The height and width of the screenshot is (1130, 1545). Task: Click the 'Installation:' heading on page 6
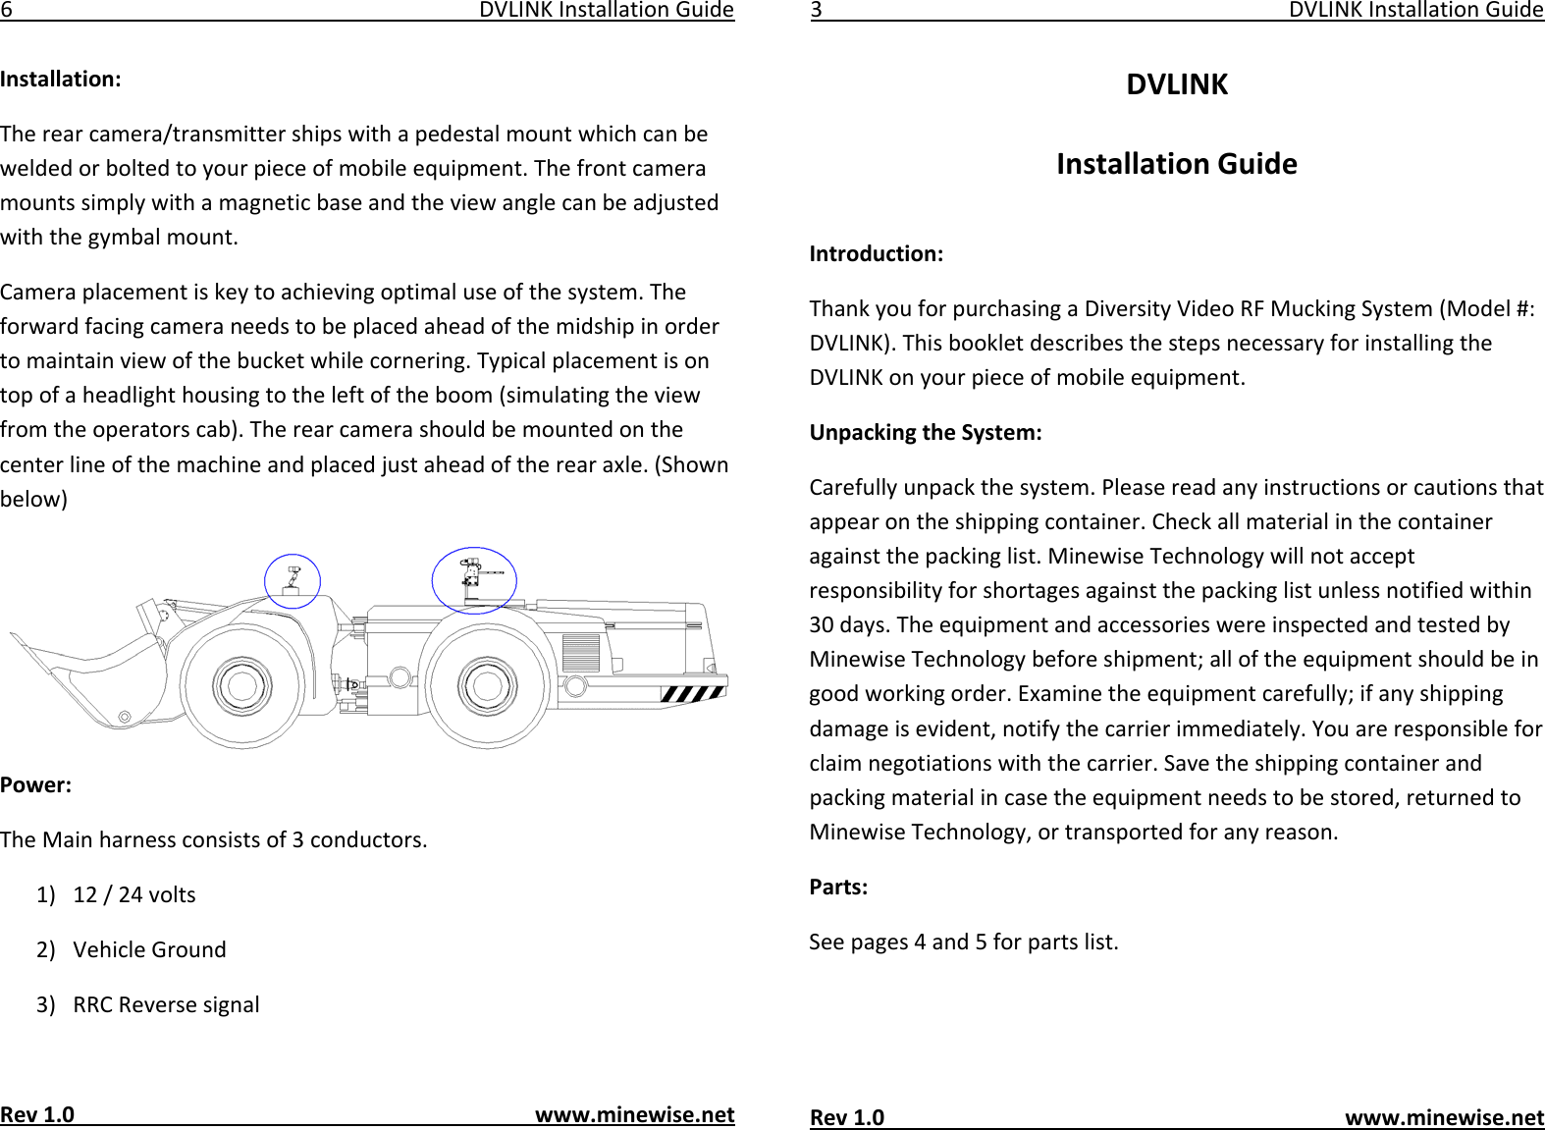61,80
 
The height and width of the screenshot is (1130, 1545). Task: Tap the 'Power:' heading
36,785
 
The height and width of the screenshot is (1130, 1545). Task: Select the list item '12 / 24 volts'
134,894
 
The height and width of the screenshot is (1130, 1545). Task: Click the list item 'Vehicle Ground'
149,949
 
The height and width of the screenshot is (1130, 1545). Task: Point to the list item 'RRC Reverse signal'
166,1004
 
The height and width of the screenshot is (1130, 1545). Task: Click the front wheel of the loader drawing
240,685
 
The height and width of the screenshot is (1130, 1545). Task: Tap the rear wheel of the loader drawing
485,685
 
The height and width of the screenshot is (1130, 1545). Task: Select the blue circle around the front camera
293,580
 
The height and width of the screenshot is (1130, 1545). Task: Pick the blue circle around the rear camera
474,580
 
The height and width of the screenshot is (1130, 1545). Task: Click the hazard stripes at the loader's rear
692,695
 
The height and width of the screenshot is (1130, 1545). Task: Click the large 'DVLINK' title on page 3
1177,85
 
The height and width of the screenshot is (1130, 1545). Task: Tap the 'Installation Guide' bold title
1177,164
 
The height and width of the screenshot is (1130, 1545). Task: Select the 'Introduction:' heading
876,254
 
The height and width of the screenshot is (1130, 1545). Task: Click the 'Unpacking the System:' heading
926,433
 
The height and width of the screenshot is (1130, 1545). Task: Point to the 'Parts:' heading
838,888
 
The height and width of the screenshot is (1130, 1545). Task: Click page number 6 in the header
6,11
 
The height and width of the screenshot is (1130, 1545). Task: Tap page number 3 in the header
816,11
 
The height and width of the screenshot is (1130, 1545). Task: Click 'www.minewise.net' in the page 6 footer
634,1115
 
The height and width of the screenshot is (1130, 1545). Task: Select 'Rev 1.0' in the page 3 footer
846,1118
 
